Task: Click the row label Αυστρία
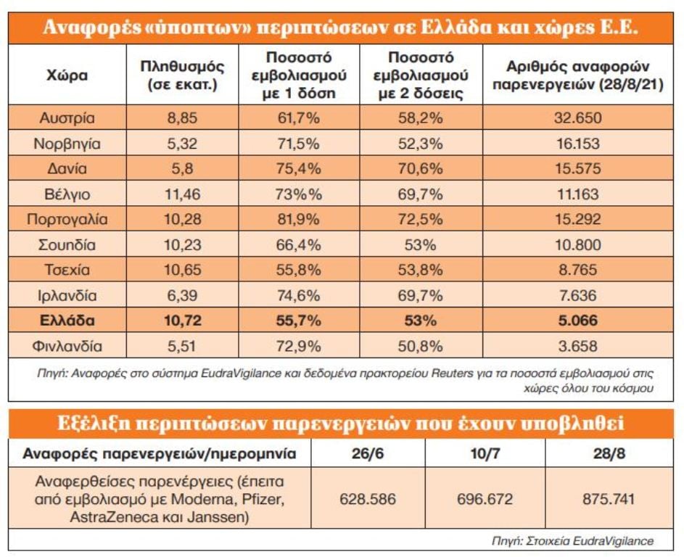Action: (x=67, y=117)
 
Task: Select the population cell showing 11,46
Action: (x=182, y=194)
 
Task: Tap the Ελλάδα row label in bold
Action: (x=67, y=321)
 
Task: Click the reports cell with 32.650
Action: (x=577, y=117)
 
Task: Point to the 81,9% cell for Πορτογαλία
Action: (x=298, y=219)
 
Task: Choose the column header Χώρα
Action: (x=67, y=75)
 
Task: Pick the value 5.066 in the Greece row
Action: (x=577, y=321)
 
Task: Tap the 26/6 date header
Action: (x=368, y=453)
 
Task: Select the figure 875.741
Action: (x=609, y=499)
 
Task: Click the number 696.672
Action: (x=485, y=499)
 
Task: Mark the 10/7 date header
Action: (x=485, y=453)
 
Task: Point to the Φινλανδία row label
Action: (x=67, y=347)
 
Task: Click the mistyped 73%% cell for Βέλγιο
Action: (x=298, y=194)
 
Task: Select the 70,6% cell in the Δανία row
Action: (x=420, y=169)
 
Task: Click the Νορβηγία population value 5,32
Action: (x=182, y=144)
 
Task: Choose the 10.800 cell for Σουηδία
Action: (x=577, y=244)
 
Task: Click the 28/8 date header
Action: (x=609, y=453)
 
